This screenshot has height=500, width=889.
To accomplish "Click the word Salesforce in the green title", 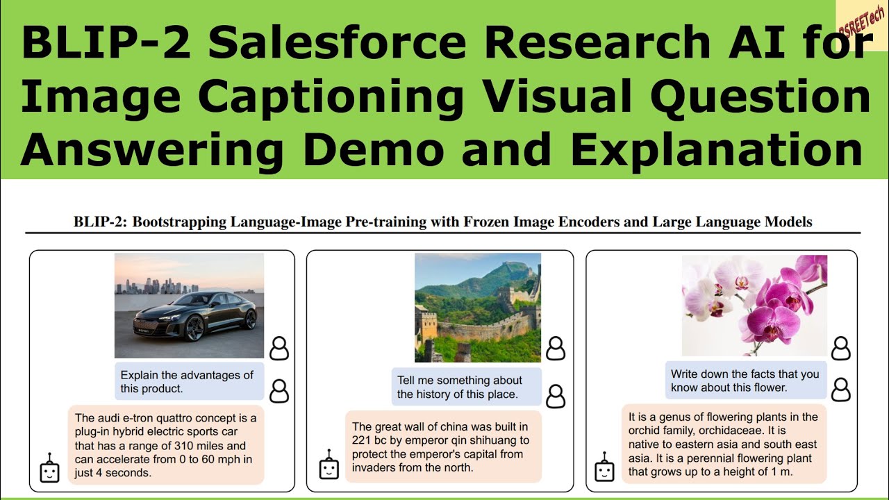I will [x=337, y=43].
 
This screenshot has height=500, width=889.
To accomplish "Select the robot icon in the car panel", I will [x=48, y=469].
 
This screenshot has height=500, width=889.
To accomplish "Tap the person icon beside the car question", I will [x=279, y=391].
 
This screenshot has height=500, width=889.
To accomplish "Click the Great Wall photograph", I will [x=478, y=308].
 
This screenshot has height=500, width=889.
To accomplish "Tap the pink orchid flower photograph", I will [x=754, y=306].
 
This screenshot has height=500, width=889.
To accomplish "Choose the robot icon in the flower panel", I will [x=605, y=469].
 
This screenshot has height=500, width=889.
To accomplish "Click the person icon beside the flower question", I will [x=840, y=390].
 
